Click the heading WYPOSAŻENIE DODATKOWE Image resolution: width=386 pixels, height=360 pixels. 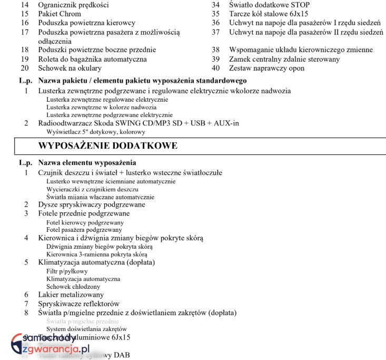(108, 145)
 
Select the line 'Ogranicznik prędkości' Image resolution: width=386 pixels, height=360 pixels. (73, 5)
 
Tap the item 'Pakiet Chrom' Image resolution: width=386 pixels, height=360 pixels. (60, 14)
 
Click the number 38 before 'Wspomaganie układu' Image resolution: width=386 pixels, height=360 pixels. (215, 50)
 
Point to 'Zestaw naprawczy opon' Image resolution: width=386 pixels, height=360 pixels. (266, 68)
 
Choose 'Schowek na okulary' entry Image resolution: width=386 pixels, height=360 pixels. (70, 68)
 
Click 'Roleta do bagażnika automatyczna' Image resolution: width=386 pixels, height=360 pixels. (92, 59)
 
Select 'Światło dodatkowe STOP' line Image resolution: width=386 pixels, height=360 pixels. (268, 5)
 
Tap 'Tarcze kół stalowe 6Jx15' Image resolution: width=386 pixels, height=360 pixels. (269, 14)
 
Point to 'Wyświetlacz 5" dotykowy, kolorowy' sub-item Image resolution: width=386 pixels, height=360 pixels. (95, 132)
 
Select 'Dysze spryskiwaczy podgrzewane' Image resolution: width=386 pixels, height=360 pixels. (92, 205)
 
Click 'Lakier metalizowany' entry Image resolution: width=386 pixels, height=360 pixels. (71, 295)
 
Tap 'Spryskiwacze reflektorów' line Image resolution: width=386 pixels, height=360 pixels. (79, 304)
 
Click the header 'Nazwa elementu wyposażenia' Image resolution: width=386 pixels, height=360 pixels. (87, 163)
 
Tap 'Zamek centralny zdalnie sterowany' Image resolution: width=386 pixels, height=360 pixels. (284, 59)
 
